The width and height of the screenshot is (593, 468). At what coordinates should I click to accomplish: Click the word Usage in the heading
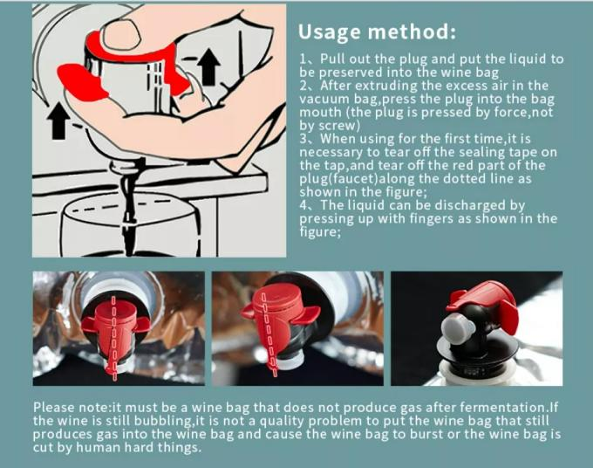point(330,31)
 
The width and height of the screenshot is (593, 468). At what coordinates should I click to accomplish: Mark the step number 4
point(303,205)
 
